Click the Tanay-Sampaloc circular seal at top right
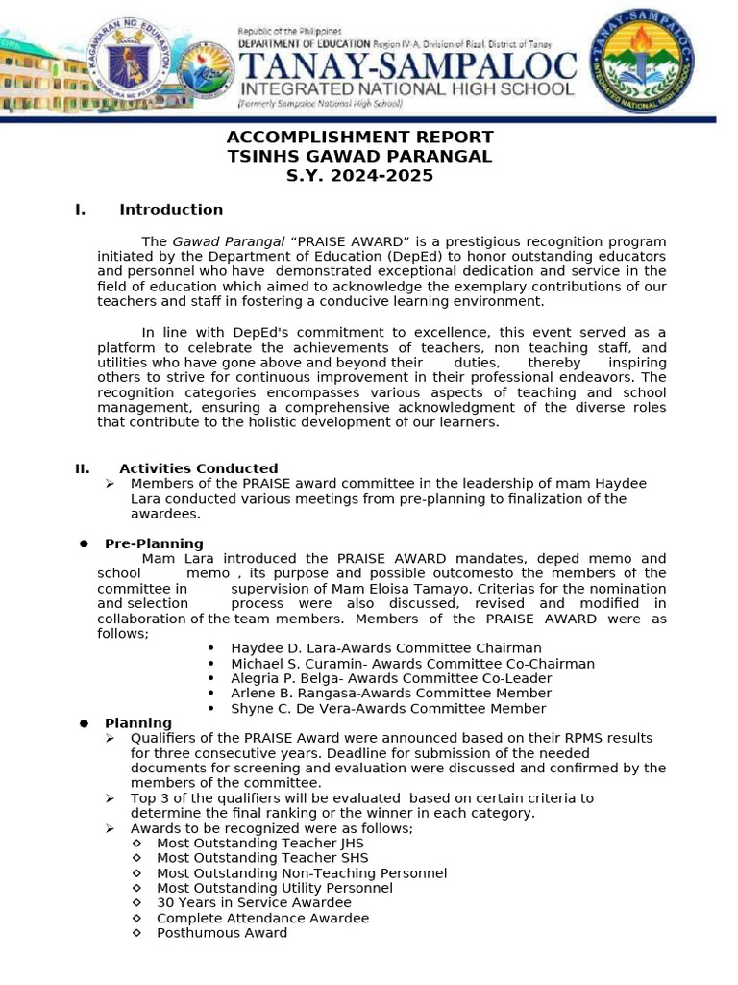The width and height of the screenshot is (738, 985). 659,62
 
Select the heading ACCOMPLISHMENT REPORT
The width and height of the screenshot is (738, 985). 359,137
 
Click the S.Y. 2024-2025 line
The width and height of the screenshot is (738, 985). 359,176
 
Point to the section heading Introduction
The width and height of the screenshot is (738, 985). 171,210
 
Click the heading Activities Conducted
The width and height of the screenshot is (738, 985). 198,468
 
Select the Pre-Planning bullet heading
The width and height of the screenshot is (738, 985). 154,543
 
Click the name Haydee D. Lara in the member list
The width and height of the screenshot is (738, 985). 278,648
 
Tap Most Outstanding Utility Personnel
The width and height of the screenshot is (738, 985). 274,888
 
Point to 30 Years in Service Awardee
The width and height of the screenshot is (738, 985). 254,903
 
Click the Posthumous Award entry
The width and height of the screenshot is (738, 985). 221,933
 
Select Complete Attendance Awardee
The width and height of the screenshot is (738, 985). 262,918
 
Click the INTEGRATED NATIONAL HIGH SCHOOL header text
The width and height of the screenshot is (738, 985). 406,89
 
